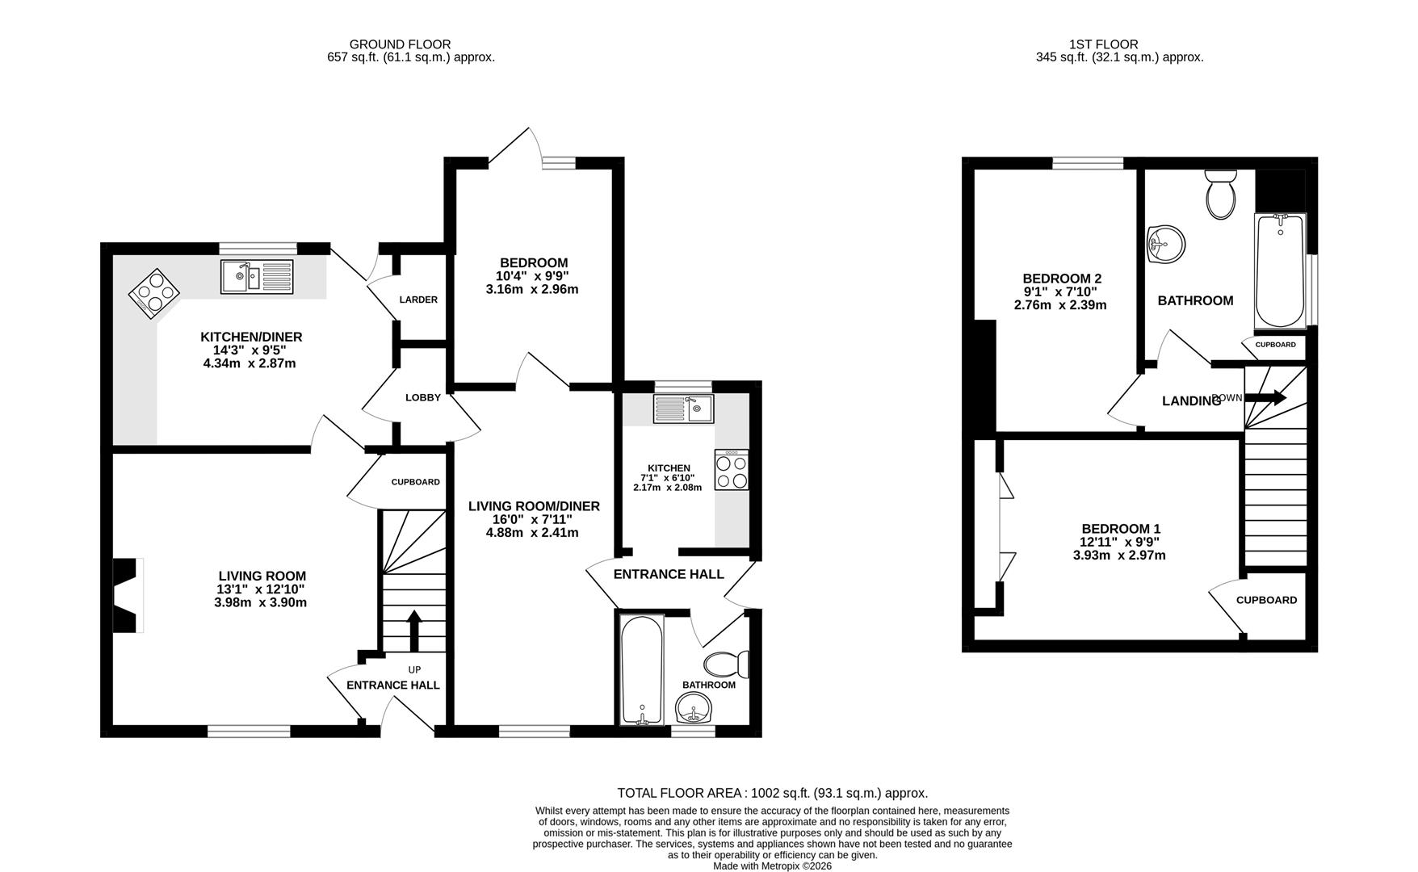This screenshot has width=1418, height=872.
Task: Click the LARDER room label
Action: [418, 300]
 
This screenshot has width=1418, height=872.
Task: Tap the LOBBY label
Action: [423, 397]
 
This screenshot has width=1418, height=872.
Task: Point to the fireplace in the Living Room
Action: [128, 595]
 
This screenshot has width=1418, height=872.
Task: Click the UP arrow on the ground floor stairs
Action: [413, 630]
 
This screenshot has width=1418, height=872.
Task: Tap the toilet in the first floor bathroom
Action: [1220, 194]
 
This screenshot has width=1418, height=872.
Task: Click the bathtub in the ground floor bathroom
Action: [643, 670]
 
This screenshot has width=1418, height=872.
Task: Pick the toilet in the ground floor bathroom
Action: [727, 664]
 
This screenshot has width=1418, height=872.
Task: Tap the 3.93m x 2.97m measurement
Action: [1118, 555]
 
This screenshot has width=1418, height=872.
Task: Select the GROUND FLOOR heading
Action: [400, 44]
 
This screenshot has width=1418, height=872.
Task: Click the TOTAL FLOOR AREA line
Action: [772, 793]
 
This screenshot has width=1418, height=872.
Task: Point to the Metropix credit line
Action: [772, 866]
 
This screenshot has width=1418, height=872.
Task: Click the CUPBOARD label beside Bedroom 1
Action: [1266, 600]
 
